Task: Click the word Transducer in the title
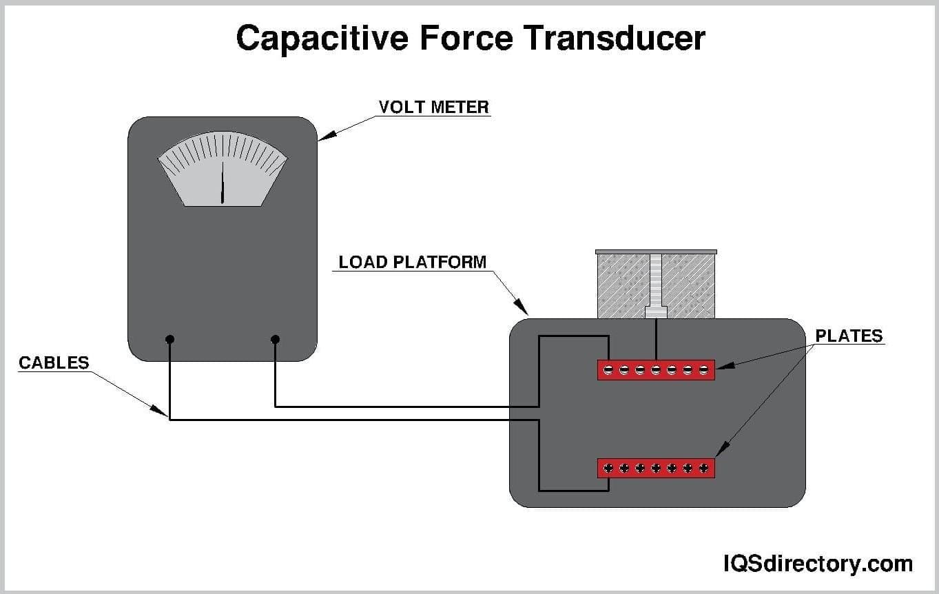pyautogui.click(x=615, y=39)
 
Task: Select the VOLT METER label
pyautogui.click(x=434, y=107)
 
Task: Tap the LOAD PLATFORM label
pyautogui.click(x=413, y=263)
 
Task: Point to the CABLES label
pyautogui.click(x=54, y=362)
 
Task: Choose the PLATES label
pyautogui.click(x=849, y=336)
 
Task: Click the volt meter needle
pyautogui.click(x=223, y=184)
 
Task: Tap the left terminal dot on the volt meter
pyautogui.click(x=170, y=339)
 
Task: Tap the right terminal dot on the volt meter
pyautogui.click(x=275, y=339)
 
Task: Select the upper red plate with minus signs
pyautogui.click(x=656, y=370)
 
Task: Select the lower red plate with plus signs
pyautogui.click(x=656, y=469)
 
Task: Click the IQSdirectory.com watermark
pyautogui.click(x=818, y=564)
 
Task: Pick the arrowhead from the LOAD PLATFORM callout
pyautogui.click(x=523, y=309)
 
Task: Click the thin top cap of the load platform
pyautogui.click(x=656, y=252)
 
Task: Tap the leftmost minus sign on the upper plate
pyautogui.click(x=608, y=370)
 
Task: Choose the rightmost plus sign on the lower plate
pyautogui.click(x=703, y=469)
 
